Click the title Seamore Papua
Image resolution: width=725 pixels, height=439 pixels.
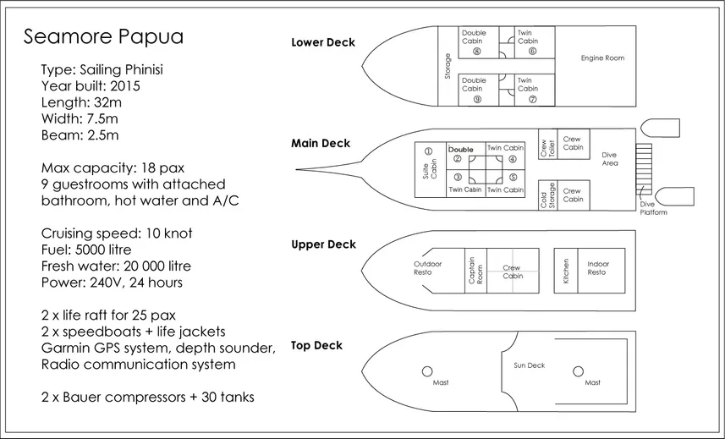103,37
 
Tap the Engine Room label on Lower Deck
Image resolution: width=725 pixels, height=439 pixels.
602,58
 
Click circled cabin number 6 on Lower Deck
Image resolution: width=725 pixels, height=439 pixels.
532,51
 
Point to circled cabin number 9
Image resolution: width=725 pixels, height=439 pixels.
477,98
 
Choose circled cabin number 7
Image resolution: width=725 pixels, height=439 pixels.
532,98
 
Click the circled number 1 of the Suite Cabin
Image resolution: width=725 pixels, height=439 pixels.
428,151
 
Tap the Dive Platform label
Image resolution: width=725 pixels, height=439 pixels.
653,208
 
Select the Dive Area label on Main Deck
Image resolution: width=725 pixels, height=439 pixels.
609,159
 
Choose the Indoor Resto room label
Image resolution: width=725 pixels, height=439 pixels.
598,268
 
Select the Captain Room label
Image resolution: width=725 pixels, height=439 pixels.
475,271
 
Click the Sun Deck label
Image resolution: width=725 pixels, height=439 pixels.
530,365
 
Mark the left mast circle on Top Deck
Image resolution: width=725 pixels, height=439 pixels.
428,371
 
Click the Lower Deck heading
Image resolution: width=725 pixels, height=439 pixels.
323,43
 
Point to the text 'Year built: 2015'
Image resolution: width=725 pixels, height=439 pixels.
91,86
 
